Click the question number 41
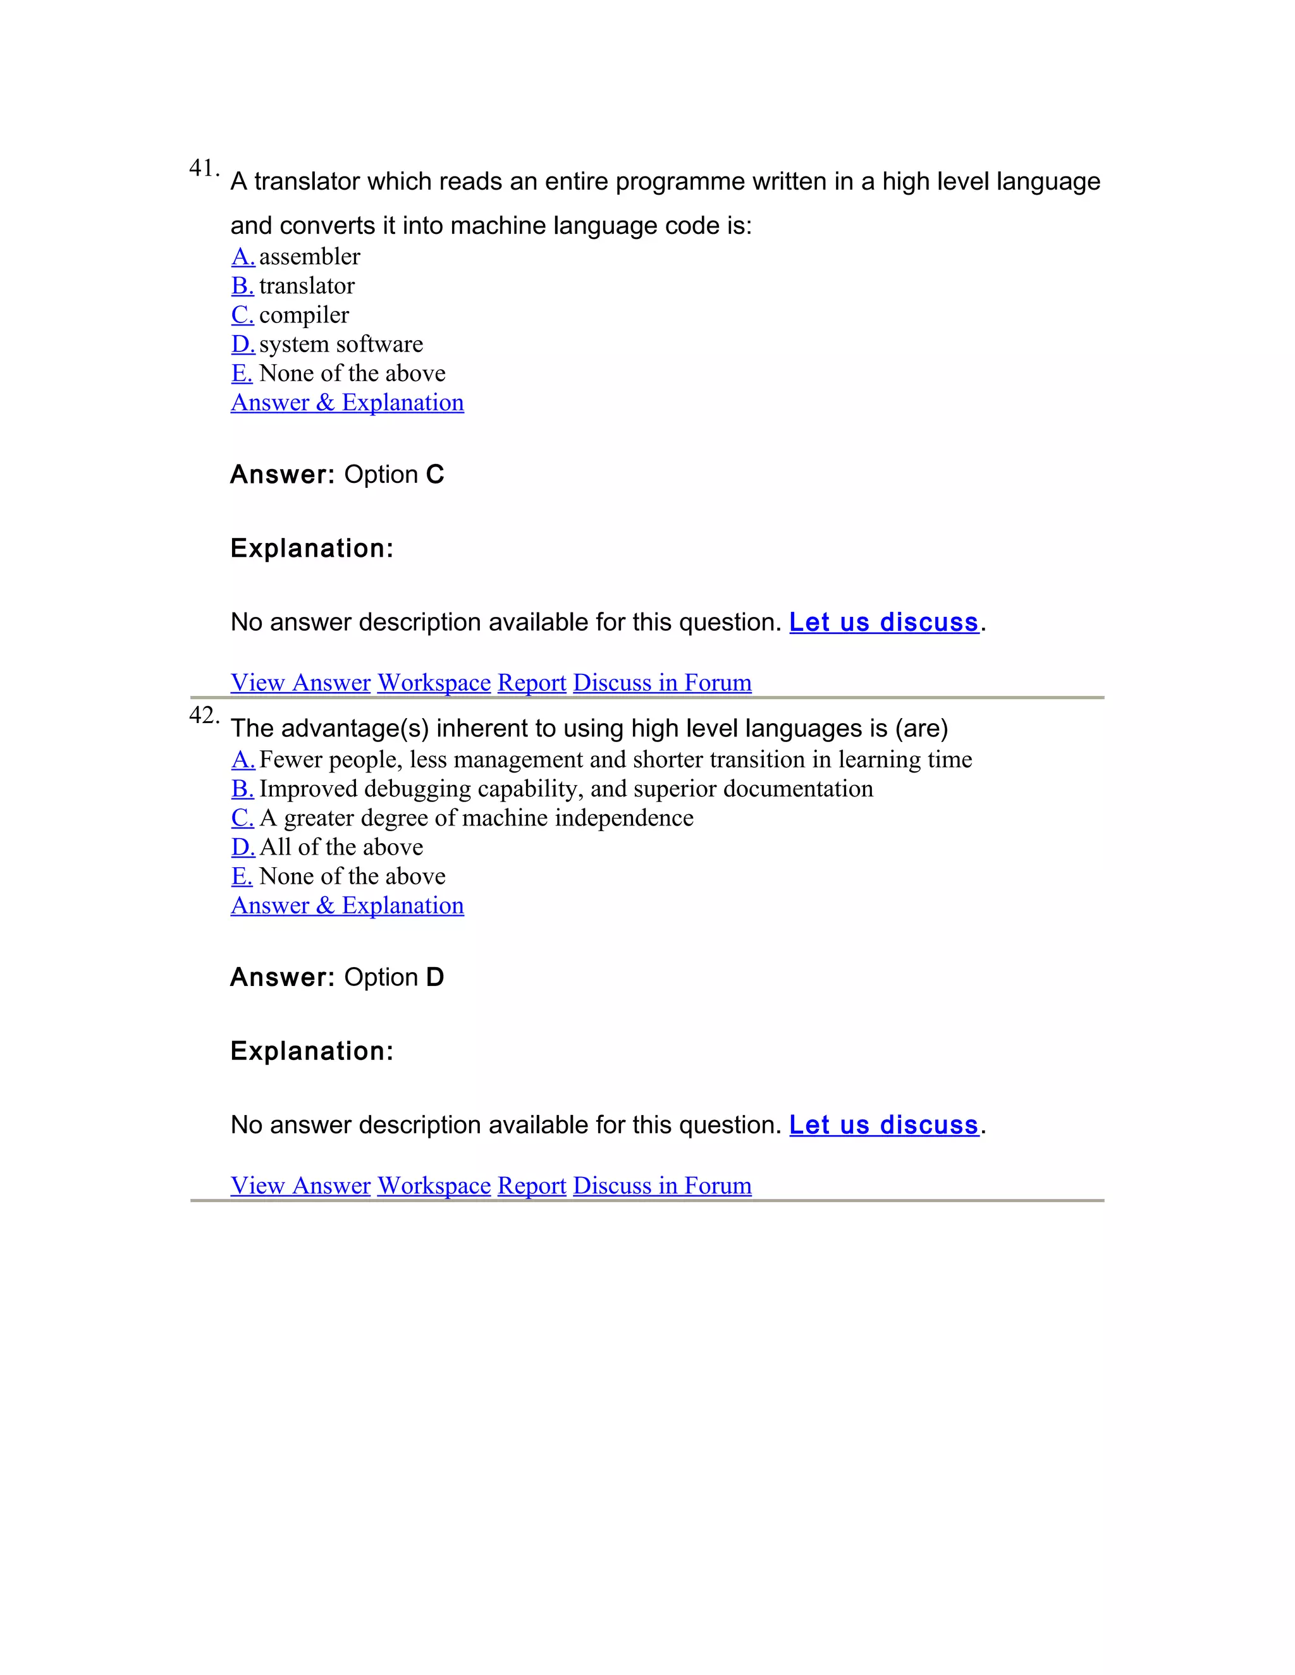[x=204, y=168]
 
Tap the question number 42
[x=204, y=716]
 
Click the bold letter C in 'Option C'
[x=435, y=475]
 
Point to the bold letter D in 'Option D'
[x=435, y=978]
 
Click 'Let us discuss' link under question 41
[x=884, y=622]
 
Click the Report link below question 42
[x=532, y=1186]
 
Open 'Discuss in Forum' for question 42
[x=662, y=1186]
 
